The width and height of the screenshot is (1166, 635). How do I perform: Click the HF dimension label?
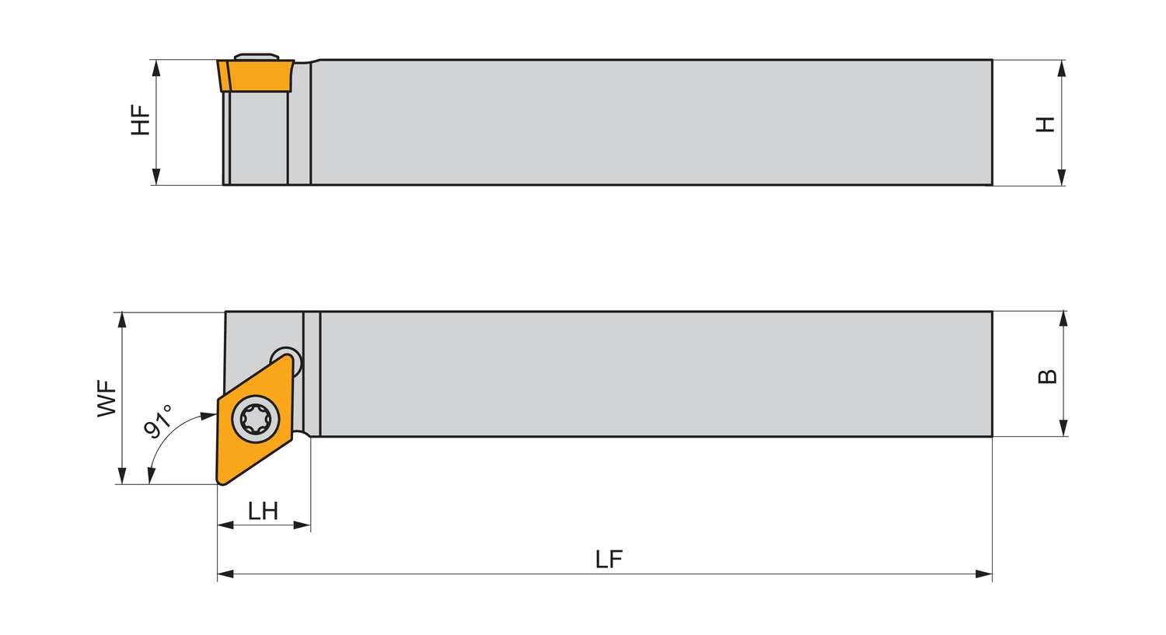(x=141, y=121)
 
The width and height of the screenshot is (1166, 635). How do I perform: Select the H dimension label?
(x=1046, y=124)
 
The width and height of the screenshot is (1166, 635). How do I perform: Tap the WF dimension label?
(x=106, y=398)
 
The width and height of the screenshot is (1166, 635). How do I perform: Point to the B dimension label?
(x=1047, y=376)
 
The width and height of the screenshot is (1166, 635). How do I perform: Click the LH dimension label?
(x=263, y=511)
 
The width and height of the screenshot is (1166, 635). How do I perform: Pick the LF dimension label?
(x=609, y=560)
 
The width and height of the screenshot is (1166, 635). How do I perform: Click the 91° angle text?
(x=159, y=421)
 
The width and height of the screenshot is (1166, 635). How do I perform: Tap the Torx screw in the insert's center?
(x=256, y=419)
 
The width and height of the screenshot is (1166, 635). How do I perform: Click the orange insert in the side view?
(x=257, y=75)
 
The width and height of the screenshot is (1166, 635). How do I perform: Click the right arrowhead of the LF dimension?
(x=983, y=574)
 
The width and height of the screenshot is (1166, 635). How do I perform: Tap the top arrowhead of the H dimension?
(x=1062, y=68)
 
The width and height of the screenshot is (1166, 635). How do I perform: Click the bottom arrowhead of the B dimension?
(x=1063, y=427)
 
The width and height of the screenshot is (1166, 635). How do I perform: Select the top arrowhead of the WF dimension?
(x=122, y=320)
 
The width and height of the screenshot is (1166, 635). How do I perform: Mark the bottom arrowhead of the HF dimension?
(x=156, y=176)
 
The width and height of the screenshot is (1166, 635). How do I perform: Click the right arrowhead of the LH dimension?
(x=302, y=525)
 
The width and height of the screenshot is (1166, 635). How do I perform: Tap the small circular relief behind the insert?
(x=285, y=354)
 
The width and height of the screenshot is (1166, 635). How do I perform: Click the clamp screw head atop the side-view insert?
(x=257, y=56)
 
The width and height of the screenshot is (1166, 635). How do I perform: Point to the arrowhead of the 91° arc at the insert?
(x=208, y=416)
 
